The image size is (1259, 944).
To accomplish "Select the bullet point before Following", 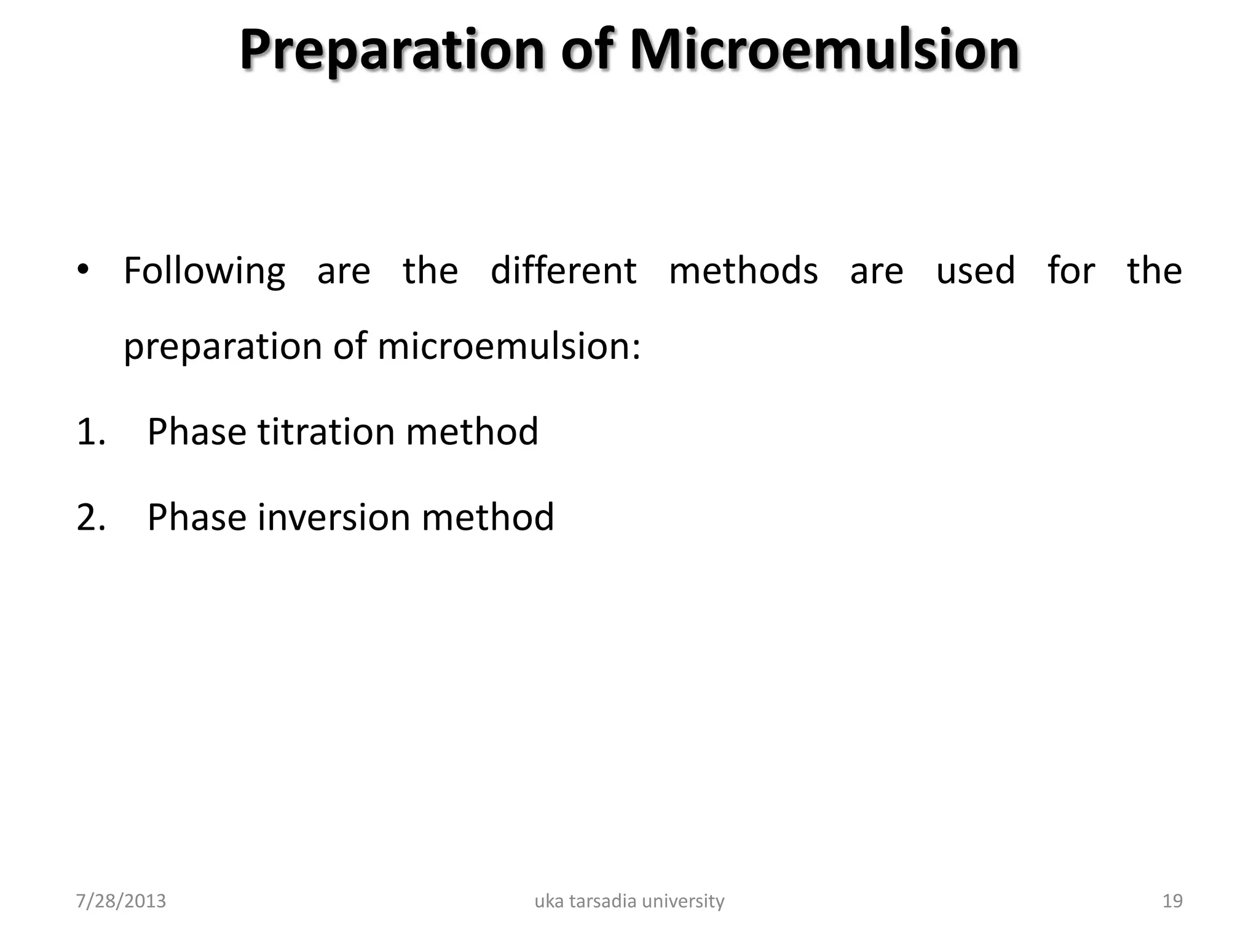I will click(x=84, y=270).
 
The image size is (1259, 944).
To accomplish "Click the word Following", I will click(x=204, y=272).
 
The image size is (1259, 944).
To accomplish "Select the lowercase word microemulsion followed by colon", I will click(x=509, y=346).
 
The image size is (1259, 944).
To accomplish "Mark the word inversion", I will click(x=333, y=517).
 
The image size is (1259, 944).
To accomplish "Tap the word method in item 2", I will click(x=487, y=517).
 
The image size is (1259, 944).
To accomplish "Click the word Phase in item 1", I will click(x=197, y=431).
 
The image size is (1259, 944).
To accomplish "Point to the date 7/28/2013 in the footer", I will click(x=121, y=901).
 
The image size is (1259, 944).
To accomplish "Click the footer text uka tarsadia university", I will click(x=629, y=901).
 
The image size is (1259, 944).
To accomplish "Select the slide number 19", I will click(x=1172, y=901).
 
